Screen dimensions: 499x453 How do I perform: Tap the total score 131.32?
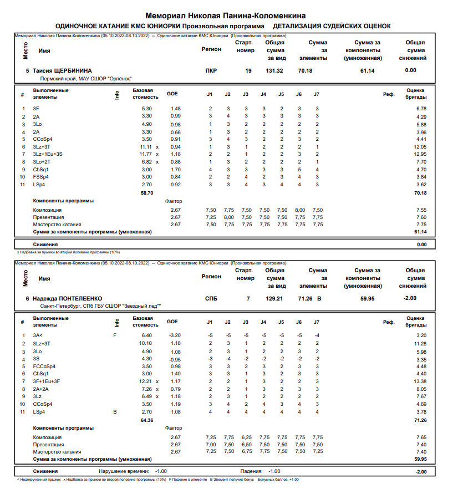pyautogui.click(x=274, y=70)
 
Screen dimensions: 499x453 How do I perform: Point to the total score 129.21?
pyautogui.click(x=274, y=298)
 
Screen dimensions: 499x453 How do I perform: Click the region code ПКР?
pyautogui.click(x=211, y=70)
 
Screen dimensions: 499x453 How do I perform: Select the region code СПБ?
pyautogui.click(x=211, y=298)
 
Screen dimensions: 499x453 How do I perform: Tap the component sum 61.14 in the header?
pyautogui.click(x=367, y=70)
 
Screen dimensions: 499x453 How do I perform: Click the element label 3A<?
pyautogui.click(x=38, y=335)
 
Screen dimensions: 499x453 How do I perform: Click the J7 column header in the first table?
pyautogui.click(x=317, y=94)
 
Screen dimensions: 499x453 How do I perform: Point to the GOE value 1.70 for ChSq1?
pyautogui.click(x=176, y=169)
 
